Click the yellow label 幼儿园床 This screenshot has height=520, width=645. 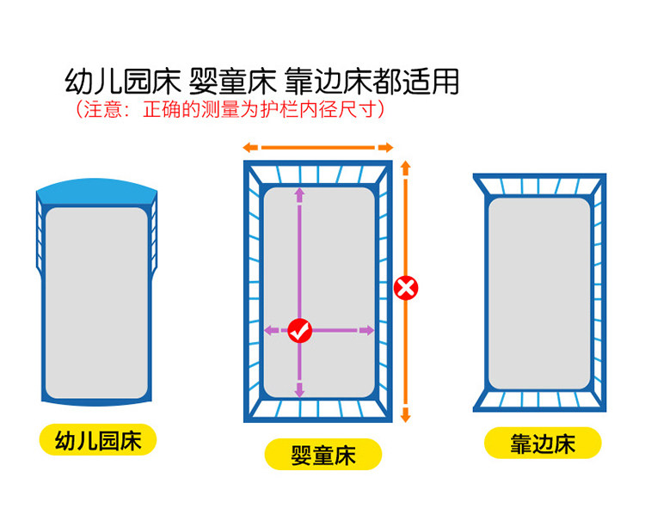[97, 441]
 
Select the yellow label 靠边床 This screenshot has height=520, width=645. [542, 444]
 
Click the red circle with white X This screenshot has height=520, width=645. [406, 288]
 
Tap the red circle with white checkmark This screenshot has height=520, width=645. [299, 330]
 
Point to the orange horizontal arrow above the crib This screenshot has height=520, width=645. [317, 147]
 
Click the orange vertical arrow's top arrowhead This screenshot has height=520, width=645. [407, 163]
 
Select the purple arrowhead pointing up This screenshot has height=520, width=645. [299, 193]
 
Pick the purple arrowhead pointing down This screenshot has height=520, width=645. [299, 391]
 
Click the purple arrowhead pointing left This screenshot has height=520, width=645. [269, 330]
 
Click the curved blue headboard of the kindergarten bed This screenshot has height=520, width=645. [96, 190]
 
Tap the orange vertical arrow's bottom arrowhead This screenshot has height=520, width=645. [407, 416]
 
